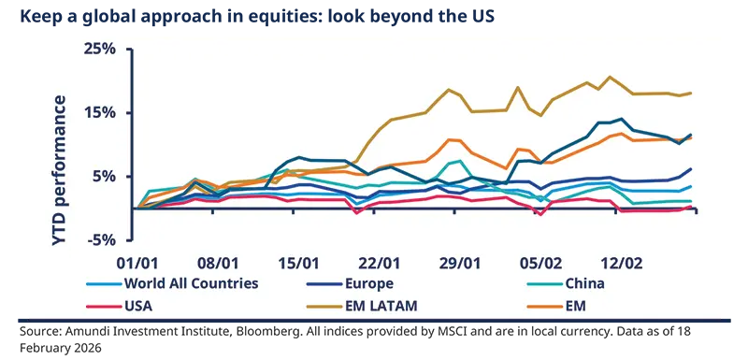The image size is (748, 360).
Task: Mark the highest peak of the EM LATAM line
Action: coord(610,77)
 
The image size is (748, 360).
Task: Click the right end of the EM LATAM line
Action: coord(691,93)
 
